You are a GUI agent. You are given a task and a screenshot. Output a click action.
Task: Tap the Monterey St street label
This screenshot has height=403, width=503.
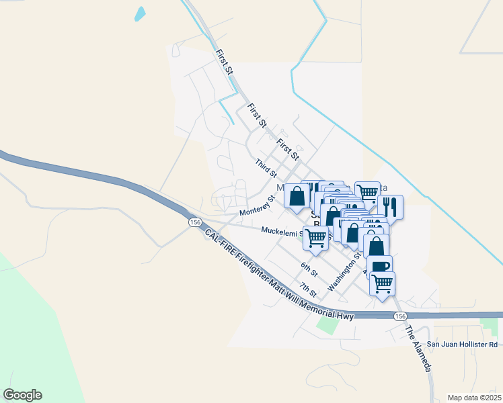tap(258, 206)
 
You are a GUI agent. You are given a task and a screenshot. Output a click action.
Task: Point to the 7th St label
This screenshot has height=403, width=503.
tap(308, 290)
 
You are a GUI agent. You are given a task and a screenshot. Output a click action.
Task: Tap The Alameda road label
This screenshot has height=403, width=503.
tap(418, 349)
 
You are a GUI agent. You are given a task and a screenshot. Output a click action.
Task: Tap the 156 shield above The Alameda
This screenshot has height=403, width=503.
tap(400, 316)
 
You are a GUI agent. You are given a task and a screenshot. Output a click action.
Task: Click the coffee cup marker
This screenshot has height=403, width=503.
tap(379, 266)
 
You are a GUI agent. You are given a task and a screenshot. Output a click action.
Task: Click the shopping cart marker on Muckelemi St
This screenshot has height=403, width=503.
tap(315, 236)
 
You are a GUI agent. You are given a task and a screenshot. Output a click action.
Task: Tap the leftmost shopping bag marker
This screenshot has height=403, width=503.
tap(297, 195)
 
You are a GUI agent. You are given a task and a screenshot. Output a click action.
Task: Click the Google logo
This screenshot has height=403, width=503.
tap(22, 395)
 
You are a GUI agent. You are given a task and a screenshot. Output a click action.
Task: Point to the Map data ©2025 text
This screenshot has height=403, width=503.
tap(474, 398)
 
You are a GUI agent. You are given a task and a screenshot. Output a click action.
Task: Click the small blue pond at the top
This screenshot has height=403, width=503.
tap(140, 13)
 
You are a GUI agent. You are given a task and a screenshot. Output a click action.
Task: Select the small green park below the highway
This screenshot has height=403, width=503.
tap(327, 325)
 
